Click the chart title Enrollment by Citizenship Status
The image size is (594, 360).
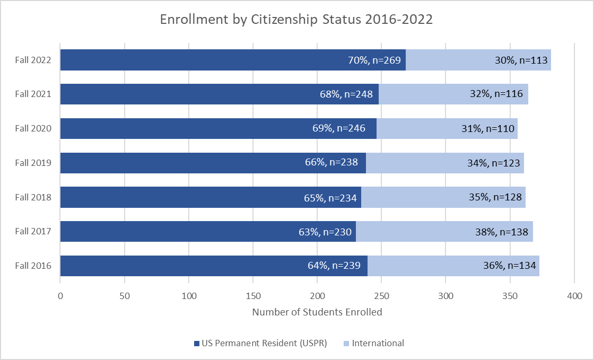click(296, 20)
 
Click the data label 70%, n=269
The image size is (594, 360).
click(372, 60)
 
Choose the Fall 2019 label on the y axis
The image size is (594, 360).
click(33, 163)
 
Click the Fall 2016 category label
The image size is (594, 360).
click(33, 266)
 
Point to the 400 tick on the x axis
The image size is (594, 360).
click(574, 295)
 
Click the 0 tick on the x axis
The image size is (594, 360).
click(60, 295)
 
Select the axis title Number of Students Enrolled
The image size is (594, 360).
click(317, 312)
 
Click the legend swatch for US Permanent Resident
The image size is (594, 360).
click(197, 343)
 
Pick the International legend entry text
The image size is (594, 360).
click(378, 343)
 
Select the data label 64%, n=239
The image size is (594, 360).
click(334, 266)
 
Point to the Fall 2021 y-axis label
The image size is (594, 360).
click(33, 94)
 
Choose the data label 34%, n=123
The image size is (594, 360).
click(491, 163)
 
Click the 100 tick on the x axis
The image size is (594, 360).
click(189, 295)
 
